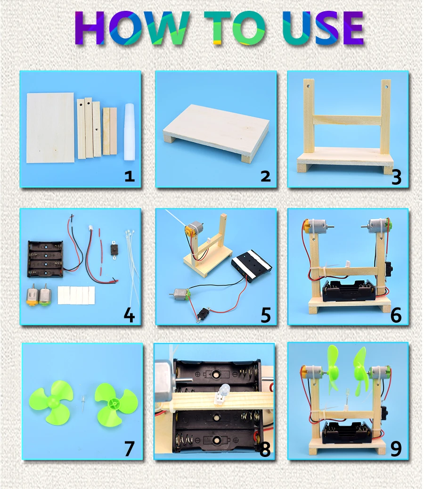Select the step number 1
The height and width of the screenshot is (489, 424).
[x=129, y=177]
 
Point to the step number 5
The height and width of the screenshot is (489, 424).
[x=265, y=315]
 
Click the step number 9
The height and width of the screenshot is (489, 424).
[x=396, y=448]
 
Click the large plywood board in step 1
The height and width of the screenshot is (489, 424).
[x=50, y=127]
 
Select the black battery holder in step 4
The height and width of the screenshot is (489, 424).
[x=45, y=259]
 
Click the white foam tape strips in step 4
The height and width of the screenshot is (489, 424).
[x=76, y=295]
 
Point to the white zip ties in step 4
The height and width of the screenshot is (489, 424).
[x=130, y=264]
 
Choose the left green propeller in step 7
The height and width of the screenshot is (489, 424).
[x=52, y=403]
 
